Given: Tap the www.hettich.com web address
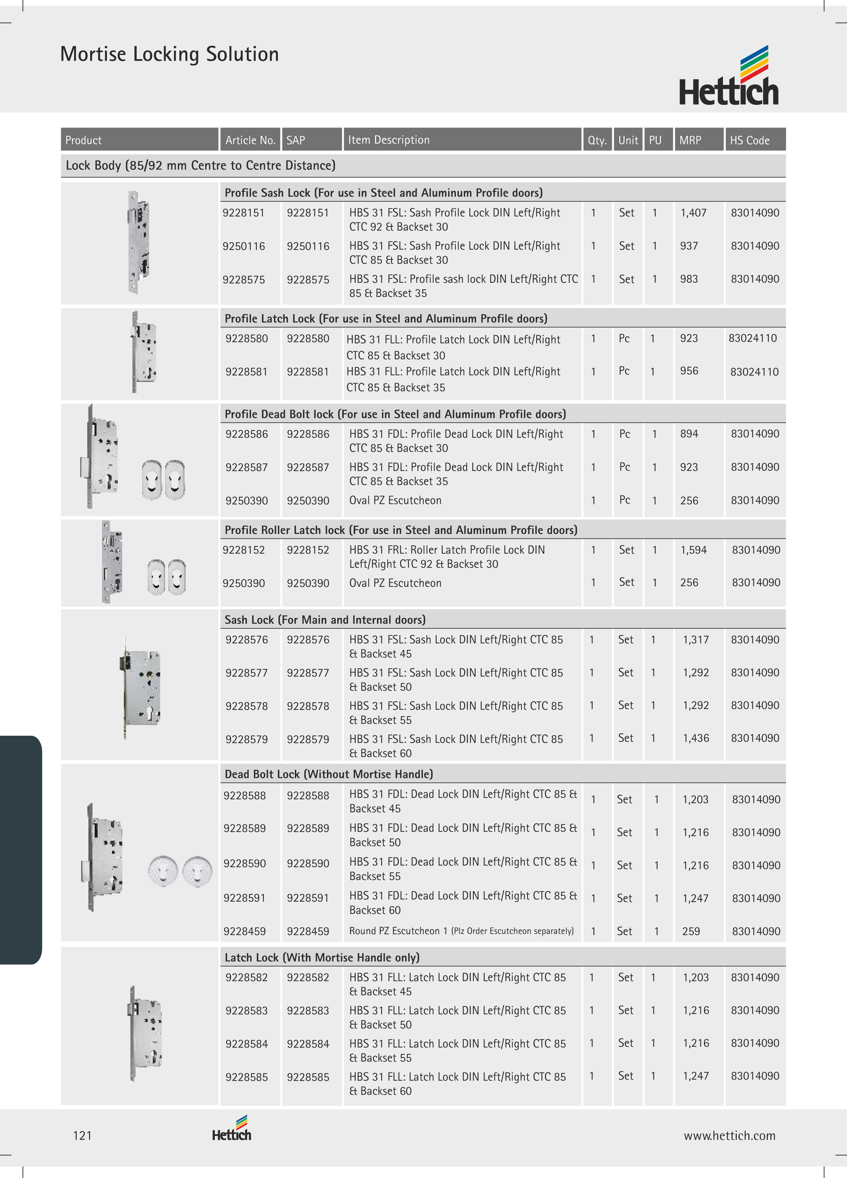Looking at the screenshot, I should [729, 1135].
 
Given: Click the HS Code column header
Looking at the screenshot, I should [749, 140].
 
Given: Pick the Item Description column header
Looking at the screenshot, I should [389, 140].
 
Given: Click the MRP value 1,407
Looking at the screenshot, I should [693, 213].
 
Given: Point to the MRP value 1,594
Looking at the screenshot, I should [693, 550].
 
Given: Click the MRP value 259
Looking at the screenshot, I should [691, 931].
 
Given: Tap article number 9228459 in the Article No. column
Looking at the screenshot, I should [244, 931].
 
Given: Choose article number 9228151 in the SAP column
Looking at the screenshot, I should [308, 213].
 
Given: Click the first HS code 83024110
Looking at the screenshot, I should [752, 339].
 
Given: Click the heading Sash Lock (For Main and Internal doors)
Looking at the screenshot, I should [325, 620].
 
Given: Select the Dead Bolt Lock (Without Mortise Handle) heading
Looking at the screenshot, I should [329, 774].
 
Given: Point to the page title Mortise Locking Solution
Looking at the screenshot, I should [169, 54].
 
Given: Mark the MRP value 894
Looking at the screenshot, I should [689, 434].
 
